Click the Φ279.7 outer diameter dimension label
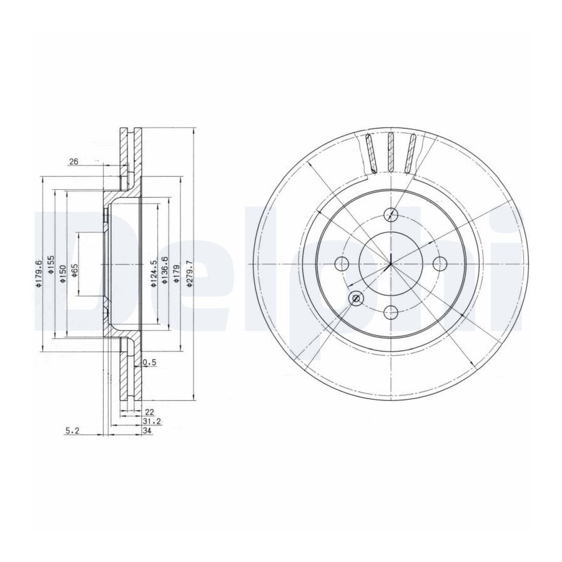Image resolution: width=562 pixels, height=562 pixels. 190,274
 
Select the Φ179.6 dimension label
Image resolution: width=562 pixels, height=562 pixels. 39,274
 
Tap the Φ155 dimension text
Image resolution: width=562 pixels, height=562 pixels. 51,265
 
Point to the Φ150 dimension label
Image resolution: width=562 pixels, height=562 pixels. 62,274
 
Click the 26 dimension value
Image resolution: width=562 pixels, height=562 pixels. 74,161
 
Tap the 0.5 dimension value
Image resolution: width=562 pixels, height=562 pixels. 150,362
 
